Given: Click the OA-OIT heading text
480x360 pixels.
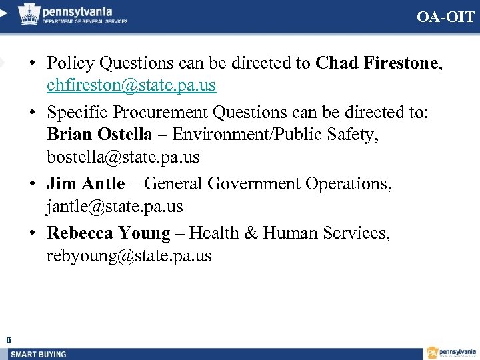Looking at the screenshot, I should click(446, 17).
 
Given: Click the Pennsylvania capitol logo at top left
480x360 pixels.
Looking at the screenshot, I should click(28, 13).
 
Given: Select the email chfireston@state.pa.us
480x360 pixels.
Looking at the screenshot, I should click(131, 86).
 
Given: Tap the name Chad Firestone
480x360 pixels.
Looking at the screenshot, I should click(377, 63).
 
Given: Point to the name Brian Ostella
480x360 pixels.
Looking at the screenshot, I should click(99, 134).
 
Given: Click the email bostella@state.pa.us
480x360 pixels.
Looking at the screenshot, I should click(123, 158).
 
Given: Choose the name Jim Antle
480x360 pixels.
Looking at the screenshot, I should click(85, 183).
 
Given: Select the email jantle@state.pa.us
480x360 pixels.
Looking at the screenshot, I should click(115, 207).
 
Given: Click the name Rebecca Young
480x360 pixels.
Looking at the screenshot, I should click(109, 233).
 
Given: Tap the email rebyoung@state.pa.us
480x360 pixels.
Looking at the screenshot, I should click(129, 256).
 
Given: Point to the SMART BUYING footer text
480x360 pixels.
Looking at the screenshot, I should click(39, 354).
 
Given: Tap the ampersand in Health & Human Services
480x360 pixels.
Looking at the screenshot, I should click(251, 233).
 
